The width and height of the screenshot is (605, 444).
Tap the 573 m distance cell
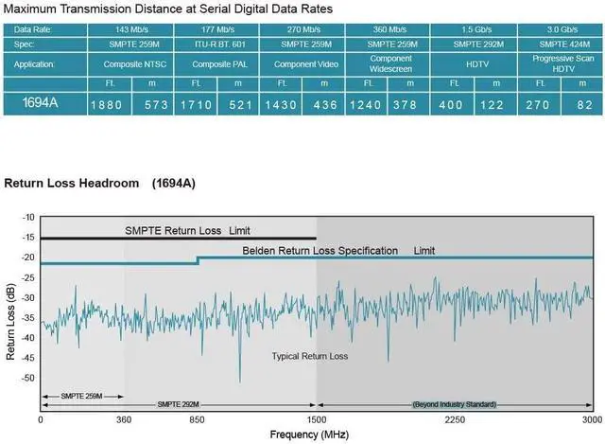pyautogui.click(x=154, y=103)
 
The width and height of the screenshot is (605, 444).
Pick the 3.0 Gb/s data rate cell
pyautogui.click(x=562, y=29)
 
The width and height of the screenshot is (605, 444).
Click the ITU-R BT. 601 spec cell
pyautogui.click(x=218, y=44)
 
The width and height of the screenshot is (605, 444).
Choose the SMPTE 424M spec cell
pyautogui.click(x=562, y=44)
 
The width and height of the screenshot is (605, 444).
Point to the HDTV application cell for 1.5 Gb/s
pyautogui.click(x=474, y=63)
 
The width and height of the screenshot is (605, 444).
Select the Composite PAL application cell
pyautogui.click(x=218, y=63)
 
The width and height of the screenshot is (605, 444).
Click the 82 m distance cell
pyautogui.click(x=583, y=103)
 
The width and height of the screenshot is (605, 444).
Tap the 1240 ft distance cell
pyautogui.click(x=366, y=103)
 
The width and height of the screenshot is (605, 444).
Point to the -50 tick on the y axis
pyautogui.click(x=27, y=378)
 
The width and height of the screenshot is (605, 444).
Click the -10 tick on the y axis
pyautogui.click(x=27, y=218)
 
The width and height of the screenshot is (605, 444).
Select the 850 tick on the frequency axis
pyautogui.click(x=197, y=417)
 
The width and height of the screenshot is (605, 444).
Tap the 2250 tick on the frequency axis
pyautogui.click(x=455, y=417)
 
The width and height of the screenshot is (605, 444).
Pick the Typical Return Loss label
pyautogui.click(x=309, y=356)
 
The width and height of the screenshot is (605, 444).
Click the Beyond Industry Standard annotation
pyautogui.click(x=455, y=404)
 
